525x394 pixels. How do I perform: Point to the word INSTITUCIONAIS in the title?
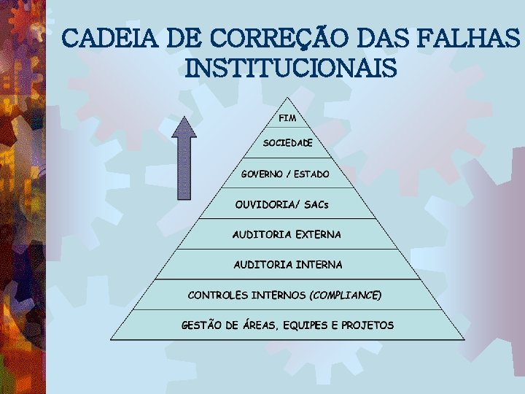click(292, 69)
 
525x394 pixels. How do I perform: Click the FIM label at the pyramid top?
click(287, 117)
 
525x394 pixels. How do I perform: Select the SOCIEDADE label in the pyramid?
click(287, 143)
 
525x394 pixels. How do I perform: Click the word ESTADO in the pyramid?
click(311, 174)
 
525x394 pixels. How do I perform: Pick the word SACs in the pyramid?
click(315, 204)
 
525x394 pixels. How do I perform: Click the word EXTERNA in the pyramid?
click(318, 234)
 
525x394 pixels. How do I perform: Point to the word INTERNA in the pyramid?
click(319, 264)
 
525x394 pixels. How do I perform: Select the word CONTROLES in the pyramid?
click(217, 295)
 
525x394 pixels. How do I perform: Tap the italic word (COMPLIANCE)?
click(346, 295)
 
